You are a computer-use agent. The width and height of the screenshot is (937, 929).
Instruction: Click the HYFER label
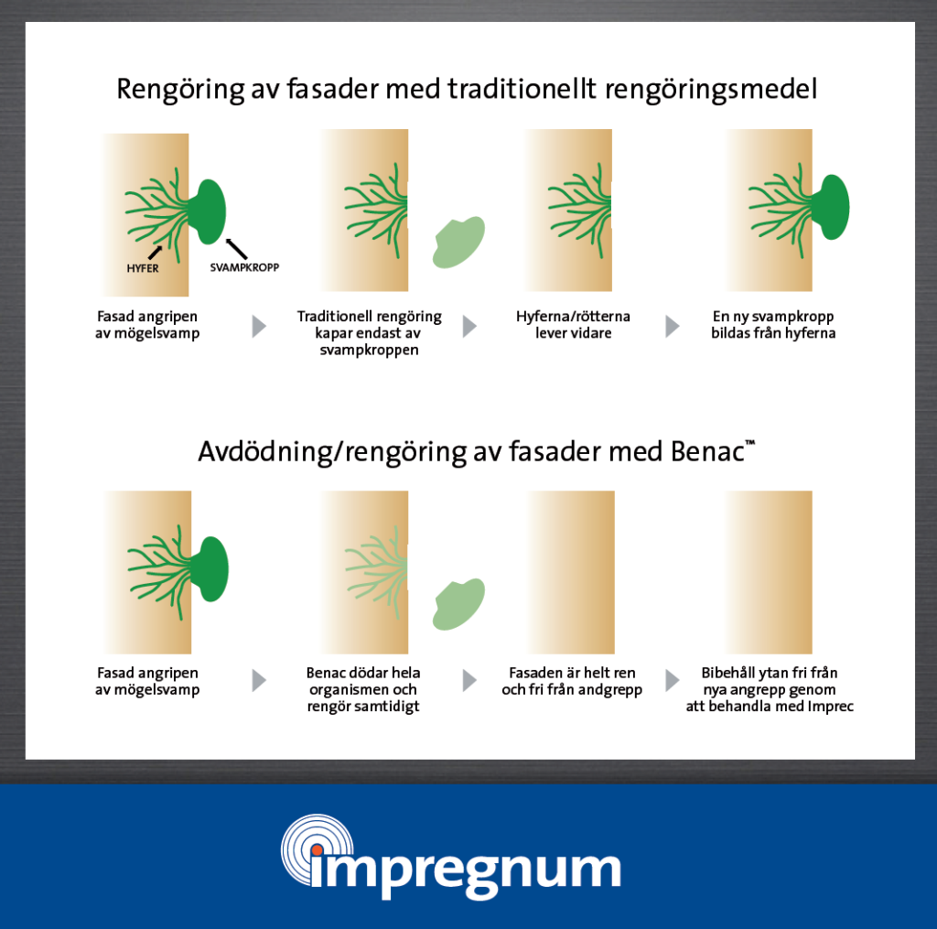point(143,268)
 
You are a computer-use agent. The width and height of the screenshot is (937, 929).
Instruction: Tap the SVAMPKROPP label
point(244,267)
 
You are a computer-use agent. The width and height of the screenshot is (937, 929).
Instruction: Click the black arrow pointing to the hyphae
point(155,252)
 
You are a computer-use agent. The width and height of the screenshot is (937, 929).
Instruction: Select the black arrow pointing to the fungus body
point(237,249)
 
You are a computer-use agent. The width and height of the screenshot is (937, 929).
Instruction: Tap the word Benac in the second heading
point(707,451)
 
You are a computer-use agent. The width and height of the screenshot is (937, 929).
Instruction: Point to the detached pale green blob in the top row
point(458,243)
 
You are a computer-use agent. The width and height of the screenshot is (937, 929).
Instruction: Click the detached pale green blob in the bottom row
point(458,604)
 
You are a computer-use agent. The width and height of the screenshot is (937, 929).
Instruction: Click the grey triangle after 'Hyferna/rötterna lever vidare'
point(673,327)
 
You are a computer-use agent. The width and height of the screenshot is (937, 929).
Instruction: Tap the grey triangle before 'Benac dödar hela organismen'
point(259,680)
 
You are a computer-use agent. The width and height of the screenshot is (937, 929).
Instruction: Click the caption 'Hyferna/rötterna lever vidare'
point(573,325)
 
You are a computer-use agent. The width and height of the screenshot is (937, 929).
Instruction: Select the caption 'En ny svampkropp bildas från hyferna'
point(773,325)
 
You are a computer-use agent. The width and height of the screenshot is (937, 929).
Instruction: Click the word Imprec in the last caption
point(831,706)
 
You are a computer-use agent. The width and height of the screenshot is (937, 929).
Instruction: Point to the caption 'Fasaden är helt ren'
point(572,673)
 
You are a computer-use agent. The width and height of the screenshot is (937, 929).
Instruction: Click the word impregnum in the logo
point(466,870)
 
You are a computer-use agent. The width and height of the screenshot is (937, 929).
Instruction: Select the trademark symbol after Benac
point(750,443)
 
